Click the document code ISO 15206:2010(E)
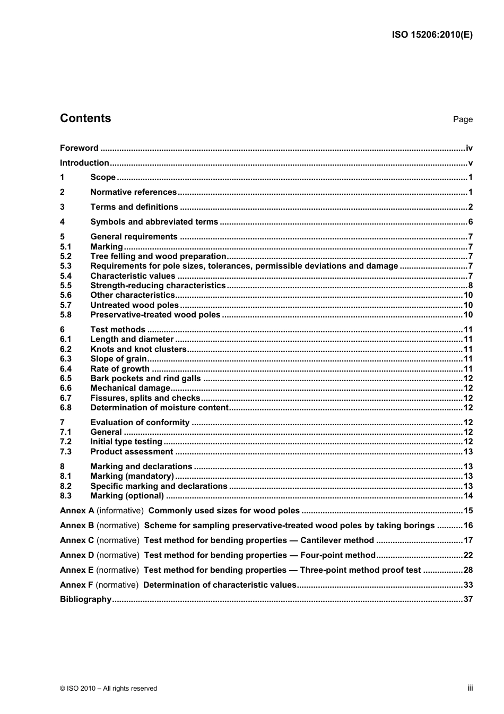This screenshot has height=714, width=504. (x=432, y=35)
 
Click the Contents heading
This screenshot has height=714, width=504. (x=85, y=118)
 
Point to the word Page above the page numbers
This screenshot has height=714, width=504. (x=463, y=119)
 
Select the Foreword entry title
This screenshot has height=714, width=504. (x=79, y=148)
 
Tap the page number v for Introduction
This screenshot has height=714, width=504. (x=470, y=163)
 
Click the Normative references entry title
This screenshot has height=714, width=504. (x=133, y=192)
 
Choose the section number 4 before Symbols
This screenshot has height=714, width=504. (x=62, y=222)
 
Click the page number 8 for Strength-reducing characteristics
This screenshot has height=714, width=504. (x=470, y=286)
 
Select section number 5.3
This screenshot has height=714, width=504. (x=66, y=266)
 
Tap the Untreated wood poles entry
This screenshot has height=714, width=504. (x=134, y=305)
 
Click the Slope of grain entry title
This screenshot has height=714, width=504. (x=118, y=359)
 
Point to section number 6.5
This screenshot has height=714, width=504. (x=66, y=378)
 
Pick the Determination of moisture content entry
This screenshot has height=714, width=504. (x=159, y=408)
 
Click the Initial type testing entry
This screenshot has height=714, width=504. (x=126, y=442)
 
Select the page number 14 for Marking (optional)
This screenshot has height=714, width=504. (x=468, y=496)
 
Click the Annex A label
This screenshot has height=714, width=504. (x=77, y=511)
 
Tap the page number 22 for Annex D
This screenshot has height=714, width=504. (x=468, y=555)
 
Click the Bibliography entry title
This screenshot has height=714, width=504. (x=85, y=599)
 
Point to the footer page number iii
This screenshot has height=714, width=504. (x=470, y=688)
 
